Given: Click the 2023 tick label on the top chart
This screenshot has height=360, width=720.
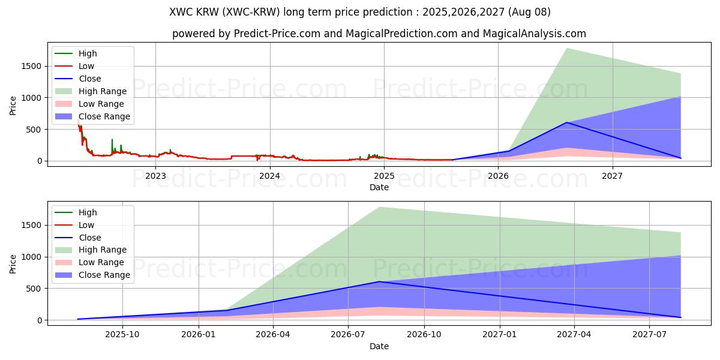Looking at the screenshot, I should (x=155, y=176).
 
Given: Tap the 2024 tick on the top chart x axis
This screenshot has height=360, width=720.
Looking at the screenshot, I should (x=269, y=176).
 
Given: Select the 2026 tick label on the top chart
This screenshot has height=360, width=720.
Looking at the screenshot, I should (x=498, y=176).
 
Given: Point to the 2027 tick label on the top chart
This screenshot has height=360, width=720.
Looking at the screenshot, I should (x=612, y=176).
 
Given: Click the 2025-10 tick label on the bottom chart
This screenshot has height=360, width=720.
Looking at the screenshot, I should (x=122, y=335).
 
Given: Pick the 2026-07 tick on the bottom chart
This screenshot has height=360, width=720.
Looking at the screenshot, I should (x=349, y=335).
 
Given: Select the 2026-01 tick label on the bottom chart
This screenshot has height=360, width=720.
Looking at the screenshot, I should (x=198, y=335).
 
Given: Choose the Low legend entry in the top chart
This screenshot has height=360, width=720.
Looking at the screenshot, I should (x=86, y=66).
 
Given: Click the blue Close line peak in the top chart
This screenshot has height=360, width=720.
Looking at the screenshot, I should (x=566, y=122).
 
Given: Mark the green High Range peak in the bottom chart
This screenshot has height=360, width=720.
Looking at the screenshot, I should (x=379, y=207).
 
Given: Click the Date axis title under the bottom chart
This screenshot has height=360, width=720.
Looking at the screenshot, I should (x=379, y=346).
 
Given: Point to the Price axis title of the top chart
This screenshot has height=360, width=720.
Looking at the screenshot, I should (x=13, y=106).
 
